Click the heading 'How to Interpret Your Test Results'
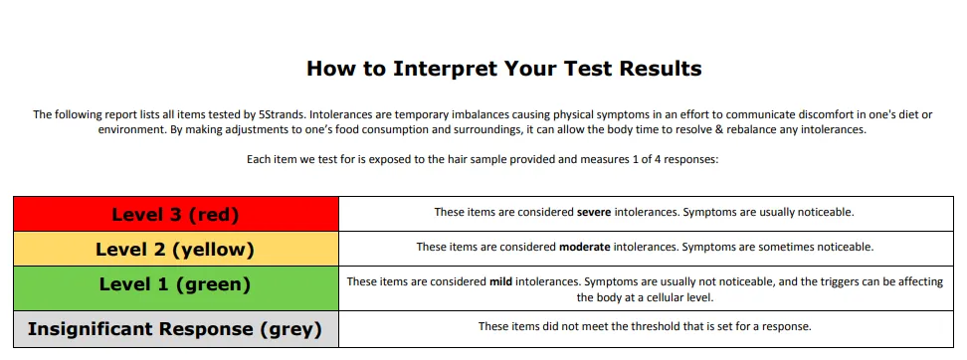pyautogui.click(x=503, y=69)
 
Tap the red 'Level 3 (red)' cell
pyautogui.click(x=175, y=214)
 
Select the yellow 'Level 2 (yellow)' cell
pyautogui.click(x=175, y=249)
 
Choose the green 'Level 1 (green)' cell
pyautogui.click(x=175, y=284)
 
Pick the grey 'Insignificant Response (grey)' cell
pyautogui.click(x=175, y=328)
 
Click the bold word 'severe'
pyautogui.click(x=595, y=212)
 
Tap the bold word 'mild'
pyautogui.click(x=500, y=281)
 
